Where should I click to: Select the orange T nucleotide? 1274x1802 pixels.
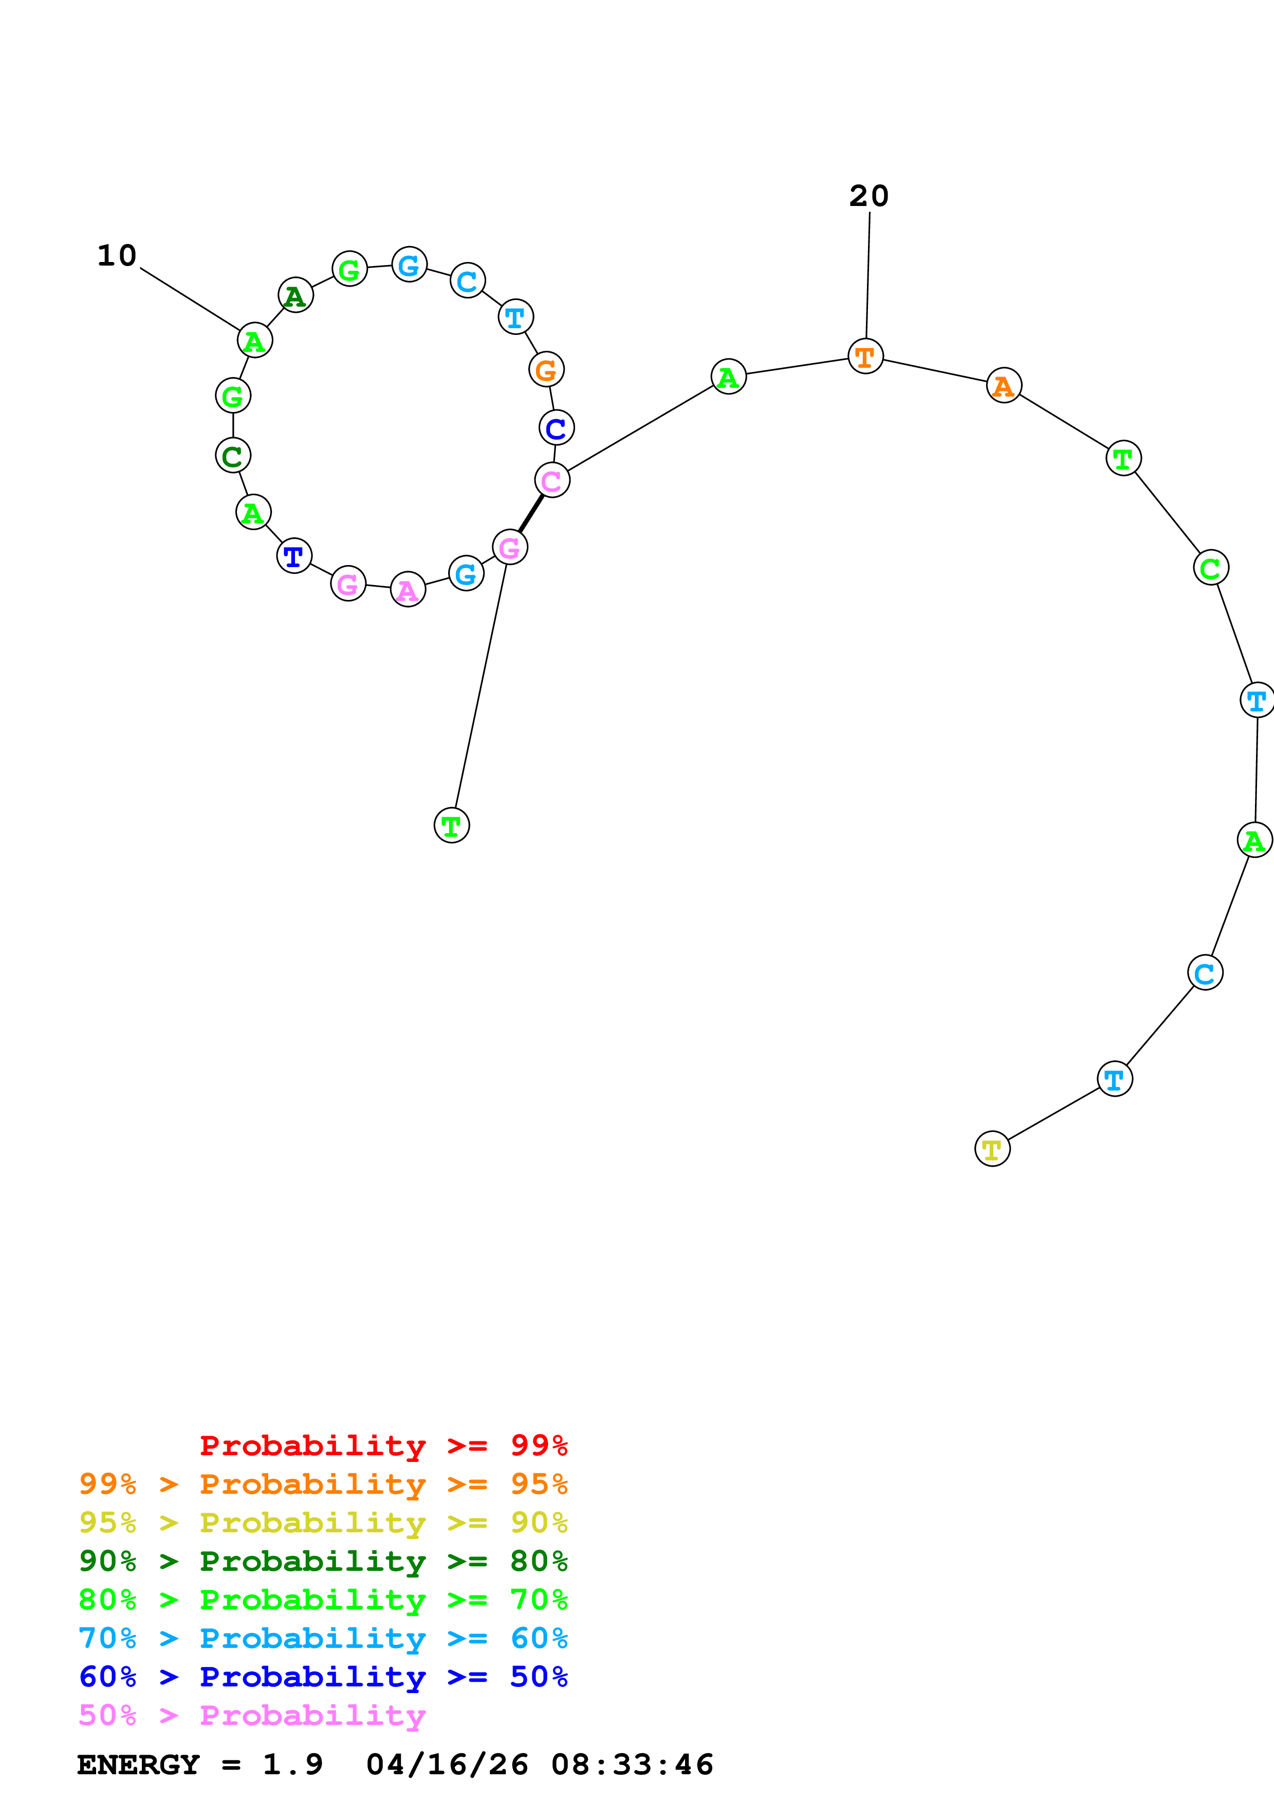pos(865,356)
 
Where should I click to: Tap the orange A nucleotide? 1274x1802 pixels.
pos(1003,385)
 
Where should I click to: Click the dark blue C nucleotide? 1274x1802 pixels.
pos(556,428)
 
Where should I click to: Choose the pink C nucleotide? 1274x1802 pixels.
pos(552,480)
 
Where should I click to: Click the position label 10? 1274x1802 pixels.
pos(117,256)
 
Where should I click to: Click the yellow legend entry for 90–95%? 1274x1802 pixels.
pos(323,1523)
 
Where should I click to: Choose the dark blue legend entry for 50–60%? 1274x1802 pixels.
pos(323,1677)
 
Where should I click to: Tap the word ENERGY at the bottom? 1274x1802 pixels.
pos(138,1765)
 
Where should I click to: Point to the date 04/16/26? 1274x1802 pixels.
pos(447,1765)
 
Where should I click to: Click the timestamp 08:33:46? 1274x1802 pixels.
pos(632,1765)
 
